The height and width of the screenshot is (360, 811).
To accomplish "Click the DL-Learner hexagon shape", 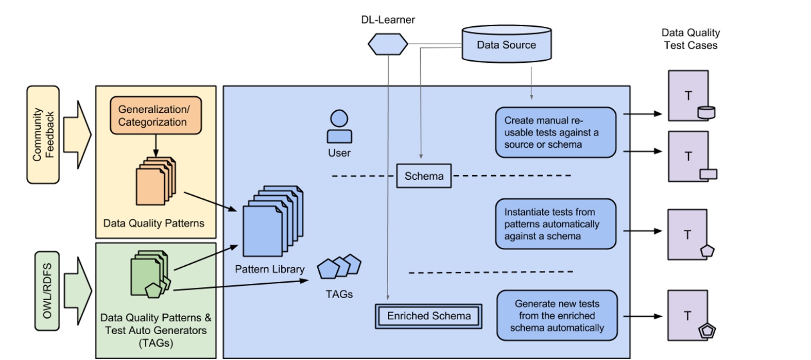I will tap(388, 44).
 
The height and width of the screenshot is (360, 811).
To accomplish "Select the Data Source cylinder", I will tap(506, 44).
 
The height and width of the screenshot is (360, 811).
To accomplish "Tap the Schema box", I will tap(424, 176).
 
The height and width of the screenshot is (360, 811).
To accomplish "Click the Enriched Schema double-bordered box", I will tap(428, 316).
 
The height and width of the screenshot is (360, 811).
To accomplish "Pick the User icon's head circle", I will tap(339, 118).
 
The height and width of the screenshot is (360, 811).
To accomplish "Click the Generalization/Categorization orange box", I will tap(156, 116).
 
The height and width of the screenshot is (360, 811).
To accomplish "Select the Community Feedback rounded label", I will tap(43, 135).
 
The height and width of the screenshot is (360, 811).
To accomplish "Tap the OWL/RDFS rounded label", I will tap(47, 291).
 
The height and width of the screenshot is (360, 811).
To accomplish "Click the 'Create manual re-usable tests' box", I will tap(555, 132).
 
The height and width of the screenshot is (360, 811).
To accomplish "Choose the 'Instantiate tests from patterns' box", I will tap(555, 224).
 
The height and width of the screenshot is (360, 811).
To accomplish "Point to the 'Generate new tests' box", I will tap(557, 316).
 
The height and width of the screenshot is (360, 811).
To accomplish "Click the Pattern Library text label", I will tap(269, 269).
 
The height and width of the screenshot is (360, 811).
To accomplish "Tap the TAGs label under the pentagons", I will tap(339, 294).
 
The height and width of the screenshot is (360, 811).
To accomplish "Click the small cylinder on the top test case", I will tap(706, 112).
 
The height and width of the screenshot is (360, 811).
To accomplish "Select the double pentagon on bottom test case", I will tap(707, 330).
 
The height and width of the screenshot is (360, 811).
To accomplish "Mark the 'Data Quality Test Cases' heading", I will tap(691, 39).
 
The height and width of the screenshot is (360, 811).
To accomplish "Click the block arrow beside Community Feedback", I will tap(77, 135).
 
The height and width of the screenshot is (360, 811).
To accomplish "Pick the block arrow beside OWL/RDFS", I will tap(78, 291).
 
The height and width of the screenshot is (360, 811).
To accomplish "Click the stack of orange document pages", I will tap(155, 182).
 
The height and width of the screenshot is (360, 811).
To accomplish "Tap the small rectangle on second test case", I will tap(708, 174).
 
